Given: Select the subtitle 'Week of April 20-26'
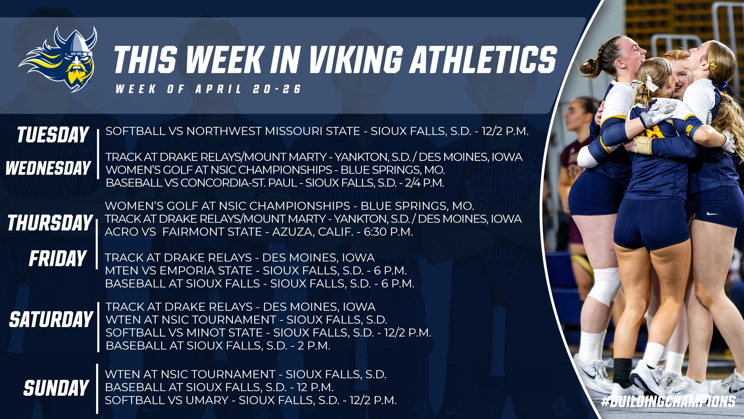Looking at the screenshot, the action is [x=208, y=89].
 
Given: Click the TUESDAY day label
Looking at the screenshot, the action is [x=53, y=135].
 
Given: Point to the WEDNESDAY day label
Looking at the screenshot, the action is [x=48, y=168].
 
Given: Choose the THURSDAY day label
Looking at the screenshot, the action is [x=50, y=223].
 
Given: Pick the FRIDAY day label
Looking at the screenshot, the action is [x=58, y=258].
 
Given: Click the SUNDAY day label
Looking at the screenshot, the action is [x=56, y=388].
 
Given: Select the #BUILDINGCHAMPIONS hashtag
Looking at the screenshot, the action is [x=668, y=401].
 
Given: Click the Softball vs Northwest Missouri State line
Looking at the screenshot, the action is [x=317, y=131].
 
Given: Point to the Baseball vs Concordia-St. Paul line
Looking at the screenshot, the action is [x=275, y=183].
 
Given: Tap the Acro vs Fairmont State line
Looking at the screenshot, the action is [x=259, y=232].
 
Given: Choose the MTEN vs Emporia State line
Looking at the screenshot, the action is [x=256, y=270].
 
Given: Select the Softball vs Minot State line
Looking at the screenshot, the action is [x=268, y=332].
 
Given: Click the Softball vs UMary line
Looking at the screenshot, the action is [x=251, y=400].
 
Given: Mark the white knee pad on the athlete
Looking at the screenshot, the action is [x=604, y=286].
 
